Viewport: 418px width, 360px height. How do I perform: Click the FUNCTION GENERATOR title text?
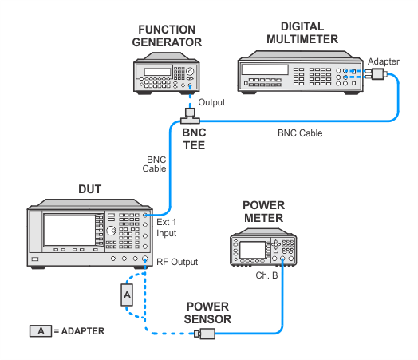(x=167, y=36)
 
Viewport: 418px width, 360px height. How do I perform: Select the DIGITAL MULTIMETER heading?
(x=302, y=33)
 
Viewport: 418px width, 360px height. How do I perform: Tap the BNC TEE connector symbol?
(x=190, y=116)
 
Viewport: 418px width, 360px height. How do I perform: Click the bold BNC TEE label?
(x=194, y=139)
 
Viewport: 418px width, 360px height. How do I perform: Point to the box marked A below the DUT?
(x=127, y=295)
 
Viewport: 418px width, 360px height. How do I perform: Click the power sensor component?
(x=205, y=334)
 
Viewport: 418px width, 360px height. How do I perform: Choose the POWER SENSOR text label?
(x=207, y=313)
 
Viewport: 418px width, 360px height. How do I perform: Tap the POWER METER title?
(x=264, y=212)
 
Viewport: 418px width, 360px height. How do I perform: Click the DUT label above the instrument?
(x=90, y=189)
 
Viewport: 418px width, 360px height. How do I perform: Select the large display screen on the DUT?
(x=70, y=230)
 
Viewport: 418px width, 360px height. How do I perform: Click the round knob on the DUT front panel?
(x=111, y=231)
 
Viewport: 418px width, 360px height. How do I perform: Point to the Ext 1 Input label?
(x=167, y=227)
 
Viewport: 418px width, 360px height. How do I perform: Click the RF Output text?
(x=177, y=262)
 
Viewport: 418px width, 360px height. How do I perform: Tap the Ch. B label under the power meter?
(x=266, y=275)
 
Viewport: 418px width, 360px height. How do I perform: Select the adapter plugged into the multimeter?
(x=376, y=74)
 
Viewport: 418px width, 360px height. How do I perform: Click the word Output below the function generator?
(x=211, y=102)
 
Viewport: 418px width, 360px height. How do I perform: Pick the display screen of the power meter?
(x=252, y=250)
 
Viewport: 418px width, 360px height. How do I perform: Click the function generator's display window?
(x=158, y=72)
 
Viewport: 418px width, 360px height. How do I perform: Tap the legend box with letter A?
(x=41, y=331)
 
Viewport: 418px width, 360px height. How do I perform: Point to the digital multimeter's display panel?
(x=265, y=69)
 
